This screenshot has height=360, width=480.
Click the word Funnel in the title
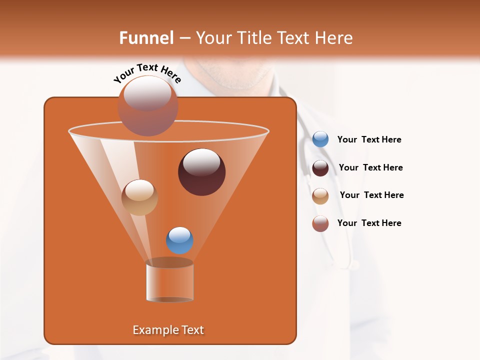click(x=146, y=38)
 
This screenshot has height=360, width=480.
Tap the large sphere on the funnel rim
click(x=147, y=106)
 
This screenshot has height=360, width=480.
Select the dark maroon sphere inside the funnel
click(x=201, y=172)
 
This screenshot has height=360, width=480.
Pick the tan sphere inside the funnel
click(x=139, y=197)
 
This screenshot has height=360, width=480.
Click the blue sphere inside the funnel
click(x=179, y=240)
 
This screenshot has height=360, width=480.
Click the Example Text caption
click(x=168, y=330)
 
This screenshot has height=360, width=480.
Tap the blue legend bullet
click(x=320, y=139)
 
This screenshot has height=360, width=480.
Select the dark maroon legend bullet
click(x=320, y=168)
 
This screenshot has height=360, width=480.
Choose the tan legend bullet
click(x=320, y=196)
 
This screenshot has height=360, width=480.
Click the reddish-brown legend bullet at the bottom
click(x=320, y=223)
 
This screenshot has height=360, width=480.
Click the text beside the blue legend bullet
click(x=369, y=140)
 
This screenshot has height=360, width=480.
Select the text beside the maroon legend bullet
click(x=370, y=167)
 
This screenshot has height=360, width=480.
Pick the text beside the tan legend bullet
click(x=371, y=195)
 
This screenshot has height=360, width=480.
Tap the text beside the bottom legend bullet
click(x=369, y=223)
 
